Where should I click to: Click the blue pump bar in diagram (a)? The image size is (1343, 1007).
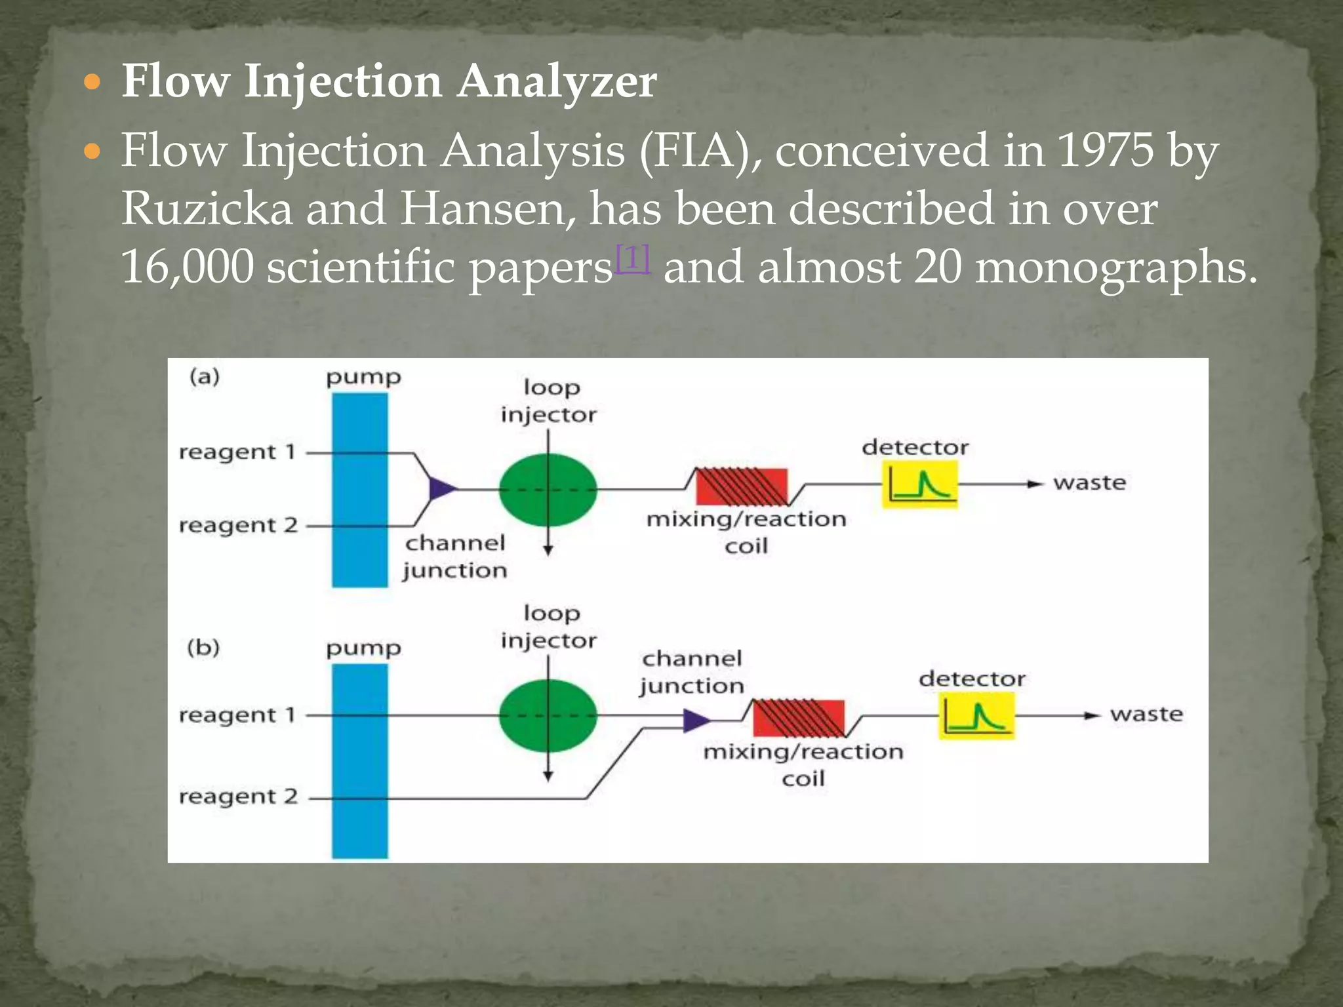359,489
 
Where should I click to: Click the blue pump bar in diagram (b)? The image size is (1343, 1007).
359,760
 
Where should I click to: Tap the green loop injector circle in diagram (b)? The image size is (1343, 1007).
548,715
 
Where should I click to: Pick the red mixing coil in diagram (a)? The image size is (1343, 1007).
741,486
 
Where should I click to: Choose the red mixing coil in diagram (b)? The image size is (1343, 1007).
798,718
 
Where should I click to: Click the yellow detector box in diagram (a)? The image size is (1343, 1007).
919,484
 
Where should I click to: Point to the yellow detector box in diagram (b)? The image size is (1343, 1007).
976,717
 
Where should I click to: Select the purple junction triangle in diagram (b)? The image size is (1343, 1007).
694,721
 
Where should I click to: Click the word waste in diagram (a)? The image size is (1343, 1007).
1089,483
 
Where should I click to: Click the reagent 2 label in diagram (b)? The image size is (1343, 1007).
238,797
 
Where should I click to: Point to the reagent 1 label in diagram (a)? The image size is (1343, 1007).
237,452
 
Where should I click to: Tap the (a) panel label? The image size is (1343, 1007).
204,376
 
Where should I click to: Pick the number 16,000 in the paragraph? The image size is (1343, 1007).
187,267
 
